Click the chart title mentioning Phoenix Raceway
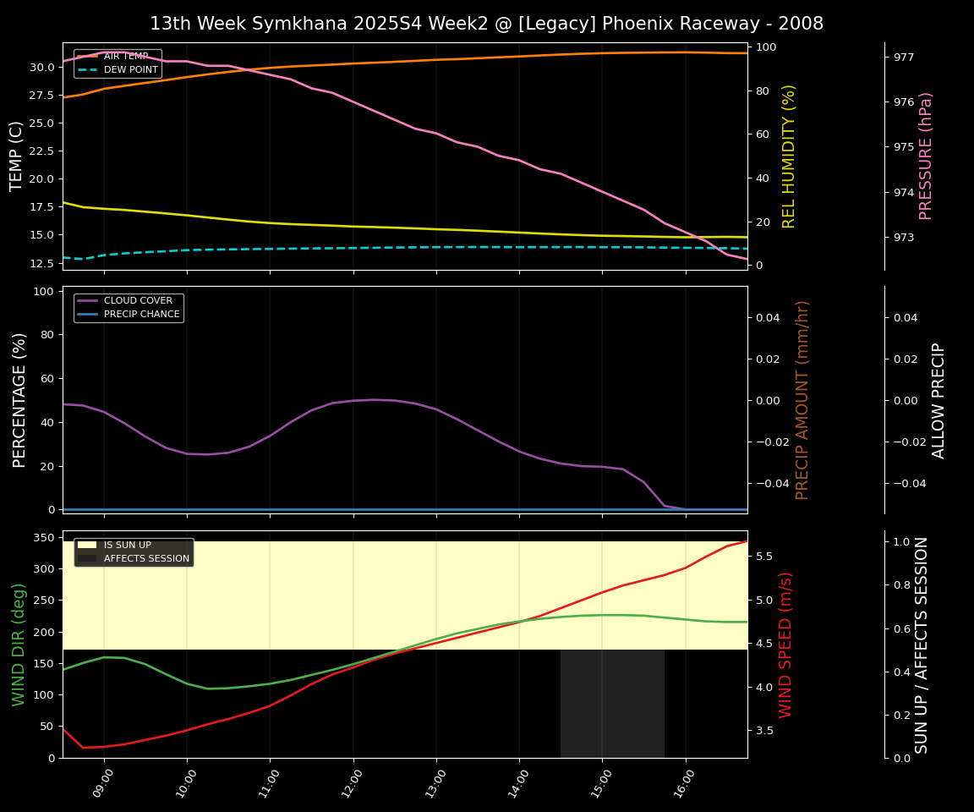(486, 24)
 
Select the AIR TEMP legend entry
(126, 57)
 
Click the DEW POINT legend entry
(130, 69)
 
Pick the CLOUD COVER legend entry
(138, 301)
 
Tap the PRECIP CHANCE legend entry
(141, 315)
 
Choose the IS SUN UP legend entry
(127, 546)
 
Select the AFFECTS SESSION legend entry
(146, 558)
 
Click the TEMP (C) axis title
(17, 156)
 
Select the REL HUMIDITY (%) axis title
(790, 156)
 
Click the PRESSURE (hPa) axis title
(926, 156)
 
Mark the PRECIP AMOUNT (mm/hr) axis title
(803, 399)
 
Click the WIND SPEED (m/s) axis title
(786, 645)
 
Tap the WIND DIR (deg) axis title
(19, 645)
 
